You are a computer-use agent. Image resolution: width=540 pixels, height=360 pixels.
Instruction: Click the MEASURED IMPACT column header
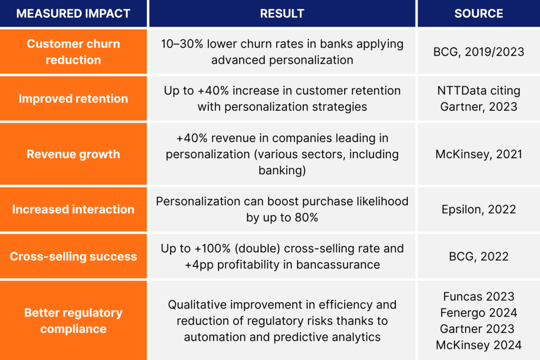(x=73, y=13)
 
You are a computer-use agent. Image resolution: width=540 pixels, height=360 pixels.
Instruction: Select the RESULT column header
(x=282, y=13)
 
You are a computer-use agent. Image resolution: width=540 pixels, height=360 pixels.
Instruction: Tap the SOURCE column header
(x=478, y=13)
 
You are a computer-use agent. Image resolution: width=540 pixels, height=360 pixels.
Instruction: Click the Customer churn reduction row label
(x=73, y=52)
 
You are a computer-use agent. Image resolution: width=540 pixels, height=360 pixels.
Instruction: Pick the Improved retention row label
(x=73, y=98)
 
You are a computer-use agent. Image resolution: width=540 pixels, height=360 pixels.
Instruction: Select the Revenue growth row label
(x=73, y=154)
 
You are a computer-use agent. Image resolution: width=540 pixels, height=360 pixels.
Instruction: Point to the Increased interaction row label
(x=73, y=209)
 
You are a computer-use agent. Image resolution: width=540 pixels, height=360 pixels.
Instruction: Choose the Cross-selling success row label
(x=73, y=256)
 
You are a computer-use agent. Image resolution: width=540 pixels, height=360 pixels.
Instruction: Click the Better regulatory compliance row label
(x=73, y=320)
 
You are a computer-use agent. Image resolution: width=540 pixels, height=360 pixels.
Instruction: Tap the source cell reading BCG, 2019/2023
(x=478, y=52)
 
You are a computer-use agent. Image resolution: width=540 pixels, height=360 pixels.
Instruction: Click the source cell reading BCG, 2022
(x=478, y=256)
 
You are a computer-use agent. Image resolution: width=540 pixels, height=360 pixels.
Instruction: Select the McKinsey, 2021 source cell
(x=478, y=154)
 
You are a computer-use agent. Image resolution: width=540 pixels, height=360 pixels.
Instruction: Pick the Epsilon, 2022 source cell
(x=478, y=209)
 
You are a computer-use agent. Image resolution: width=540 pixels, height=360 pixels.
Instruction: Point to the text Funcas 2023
(x=478, y=296)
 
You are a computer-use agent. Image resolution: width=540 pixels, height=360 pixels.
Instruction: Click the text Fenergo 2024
(x=478, y=313)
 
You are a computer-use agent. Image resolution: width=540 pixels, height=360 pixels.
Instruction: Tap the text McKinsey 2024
(x=478, y=345)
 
